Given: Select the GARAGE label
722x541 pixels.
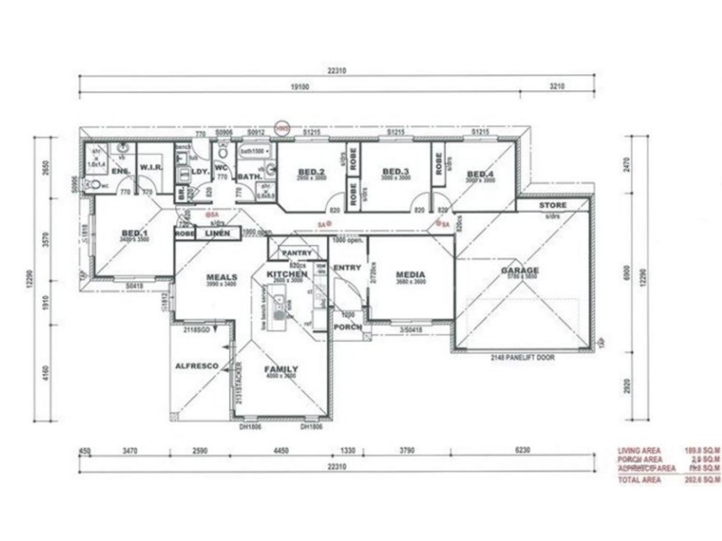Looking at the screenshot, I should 521,270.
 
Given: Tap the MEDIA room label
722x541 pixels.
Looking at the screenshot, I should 410,273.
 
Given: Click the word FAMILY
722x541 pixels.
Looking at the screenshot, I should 280,370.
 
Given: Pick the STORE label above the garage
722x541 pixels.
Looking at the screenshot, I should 553,206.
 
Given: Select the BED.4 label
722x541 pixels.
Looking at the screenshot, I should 480,174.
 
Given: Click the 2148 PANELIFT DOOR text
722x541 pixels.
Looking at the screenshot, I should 521,358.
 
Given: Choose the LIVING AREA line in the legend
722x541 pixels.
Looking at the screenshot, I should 639,451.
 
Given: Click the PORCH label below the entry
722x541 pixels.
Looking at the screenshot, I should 348,326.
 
